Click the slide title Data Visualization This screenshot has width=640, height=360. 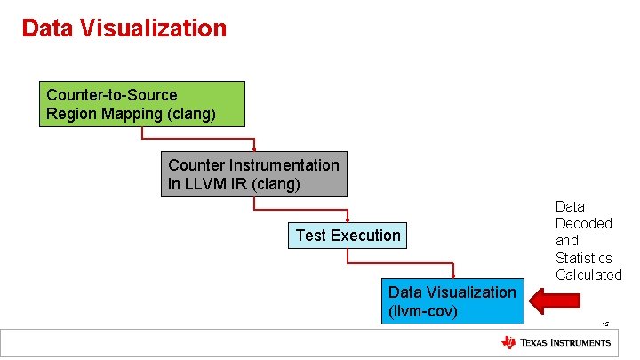click(x=124, y=28)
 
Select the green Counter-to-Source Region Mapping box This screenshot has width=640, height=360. click(x=142, y=105)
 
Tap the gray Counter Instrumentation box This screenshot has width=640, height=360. click(x=253, y=175)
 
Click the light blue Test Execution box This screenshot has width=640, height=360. click(x=348, y=236)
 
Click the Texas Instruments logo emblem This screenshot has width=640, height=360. click(x=508, y=343)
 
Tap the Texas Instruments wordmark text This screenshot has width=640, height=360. click(x=565, y=343)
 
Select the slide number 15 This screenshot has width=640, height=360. click(x=604, y=324)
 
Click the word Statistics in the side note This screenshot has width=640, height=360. click(x=583, y=258)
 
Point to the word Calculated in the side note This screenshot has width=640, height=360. click(x=588, y=275)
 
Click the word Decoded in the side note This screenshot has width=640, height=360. click(x=583, y=223)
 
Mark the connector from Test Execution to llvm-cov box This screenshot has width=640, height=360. click(x=400, y=264)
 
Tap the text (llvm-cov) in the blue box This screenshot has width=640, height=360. click(x=423, y=311)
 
